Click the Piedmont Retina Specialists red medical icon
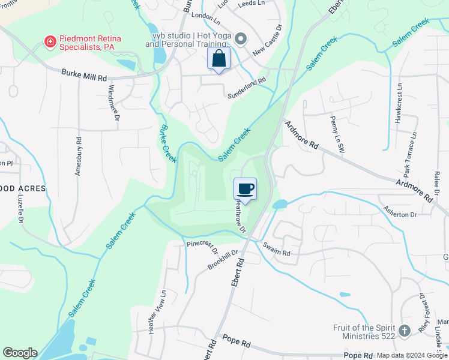coord(50,42)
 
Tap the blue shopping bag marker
coord(218,59)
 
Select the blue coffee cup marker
coord(245,189)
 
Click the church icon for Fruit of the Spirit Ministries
coord(405,330)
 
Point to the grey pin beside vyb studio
coord(241,40)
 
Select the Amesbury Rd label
coord(79,155)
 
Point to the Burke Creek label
coord(167,143)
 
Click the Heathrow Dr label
coord(240,216)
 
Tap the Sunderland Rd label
coord(246,88)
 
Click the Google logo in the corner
coord(20,353)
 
